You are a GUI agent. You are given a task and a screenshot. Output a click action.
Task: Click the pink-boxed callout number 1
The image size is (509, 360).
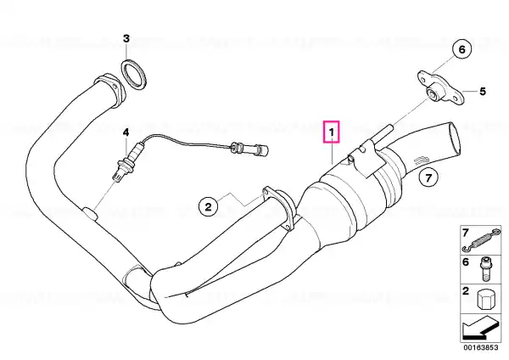pos(331,132)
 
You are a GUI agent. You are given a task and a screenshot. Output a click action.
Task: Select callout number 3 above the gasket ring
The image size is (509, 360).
pos(126,39)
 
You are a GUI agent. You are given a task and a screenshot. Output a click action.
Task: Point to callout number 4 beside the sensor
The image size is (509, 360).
pos(126,132)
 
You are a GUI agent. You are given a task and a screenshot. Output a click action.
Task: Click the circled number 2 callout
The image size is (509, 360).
pos(208,206)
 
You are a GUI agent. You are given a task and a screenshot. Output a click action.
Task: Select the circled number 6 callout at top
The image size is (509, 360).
pos(461,49)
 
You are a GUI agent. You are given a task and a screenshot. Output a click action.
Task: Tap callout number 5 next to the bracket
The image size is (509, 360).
pos(483,92)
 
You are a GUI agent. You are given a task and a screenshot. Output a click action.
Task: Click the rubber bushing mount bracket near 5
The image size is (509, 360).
pos(441,88)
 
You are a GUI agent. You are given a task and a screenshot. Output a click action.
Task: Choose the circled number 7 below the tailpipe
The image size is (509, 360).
pos(428,177)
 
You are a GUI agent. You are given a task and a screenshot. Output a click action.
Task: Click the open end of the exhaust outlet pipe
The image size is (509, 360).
pos(455,138)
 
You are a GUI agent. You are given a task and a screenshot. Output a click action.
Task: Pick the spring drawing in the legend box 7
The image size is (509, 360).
pos(481,241)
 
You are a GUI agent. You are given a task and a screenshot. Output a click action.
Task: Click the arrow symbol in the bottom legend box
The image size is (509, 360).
pos(480,328)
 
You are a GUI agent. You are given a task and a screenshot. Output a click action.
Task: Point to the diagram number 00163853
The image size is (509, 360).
pos(480,347)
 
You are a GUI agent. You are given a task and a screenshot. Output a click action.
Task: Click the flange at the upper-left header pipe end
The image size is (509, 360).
pos(109,92)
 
